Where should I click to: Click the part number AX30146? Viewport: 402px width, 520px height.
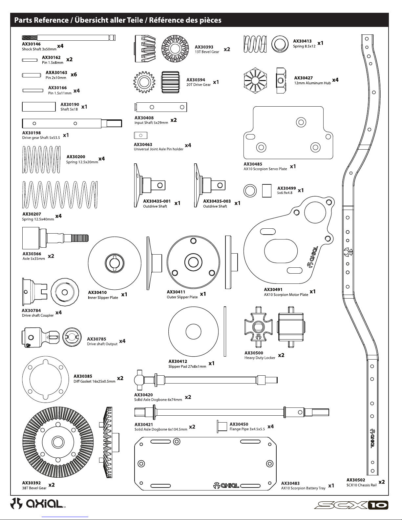tap(32, 44)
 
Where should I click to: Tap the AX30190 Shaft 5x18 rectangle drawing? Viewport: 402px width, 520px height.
tap(39, 107)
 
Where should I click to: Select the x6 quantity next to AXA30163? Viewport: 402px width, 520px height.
tap(74, 74)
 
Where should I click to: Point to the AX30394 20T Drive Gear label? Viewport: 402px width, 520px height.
tap(199, 82)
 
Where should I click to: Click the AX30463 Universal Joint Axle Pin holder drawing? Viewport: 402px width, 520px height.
tap(141, 135)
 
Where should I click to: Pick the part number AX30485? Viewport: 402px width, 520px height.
tap(253, 164)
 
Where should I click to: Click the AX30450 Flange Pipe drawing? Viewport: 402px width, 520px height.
tap(222, 427)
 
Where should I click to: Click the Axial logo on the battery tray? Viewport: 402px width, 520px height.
tap(226, 486)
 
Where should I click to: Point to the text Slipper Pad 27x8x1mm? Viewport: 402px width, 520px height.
tap(187, 366)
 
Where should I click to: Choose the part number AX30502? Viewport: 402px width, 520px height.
tap(356, 480)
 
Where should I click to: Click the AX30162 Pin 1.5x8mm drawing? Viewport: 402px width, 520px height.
tap(30, 60)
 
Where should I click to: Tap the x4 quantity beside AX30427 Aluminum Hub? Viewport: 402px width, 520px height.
tap(335, 80)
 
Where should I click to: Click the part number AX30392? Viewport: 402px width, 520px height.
tap(32, 483)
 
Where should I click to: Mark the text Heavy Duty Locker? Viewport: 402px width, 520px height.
tap(260, 358)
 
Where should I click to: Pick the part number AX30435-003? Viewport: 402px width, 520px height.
tap(217, 201)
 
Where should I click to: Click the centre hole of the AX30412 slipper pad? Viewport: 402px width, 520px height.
tap(193, 332)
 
